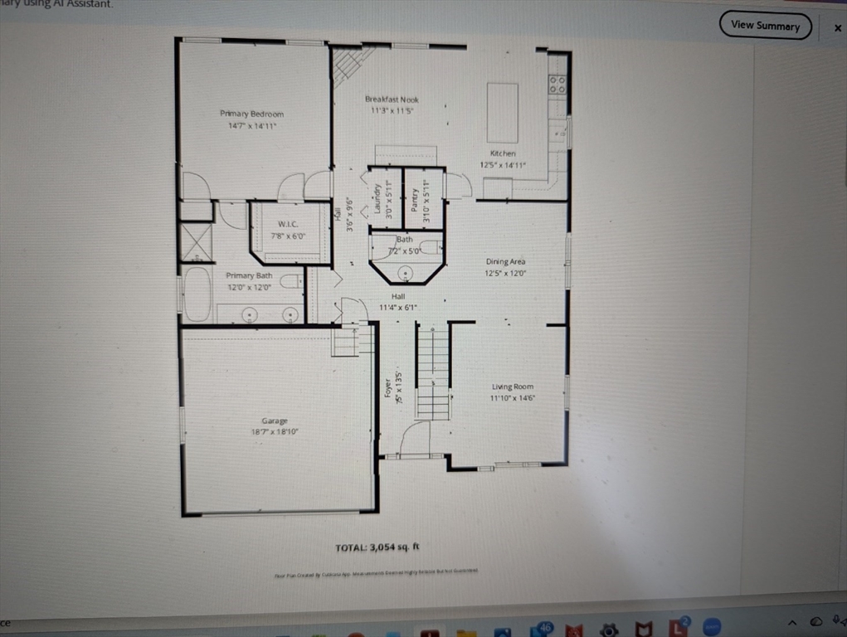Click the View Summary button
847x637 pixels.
pyautogui.click(x=765, y=26)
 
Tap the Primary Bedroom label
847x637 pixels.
pyautogui.click(x=251, y=114)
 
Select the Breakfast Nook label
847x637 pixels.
pyautogui.click(x=392, y=100)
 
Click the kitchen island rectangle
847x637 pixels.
pyautogui.click(x=502, y=113)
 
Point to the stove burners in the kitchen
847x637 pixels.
pyautogui.click(x=557, y=84)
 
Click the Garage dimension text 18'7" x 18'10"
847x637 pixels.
pyautogui.click(x=275, y=432)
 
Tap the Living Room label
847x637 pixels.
pyautogui.click(x=512, y=387)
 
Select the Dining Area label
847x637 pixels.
pyautogui.click(x=505, y=262)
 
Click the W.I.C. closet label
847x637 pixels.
pyautogui.click(x=288, y=225)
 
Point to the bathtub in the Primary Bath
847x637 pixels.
pyautogui.click(x=197, y=294)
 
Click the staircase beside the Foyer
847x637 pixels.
pyautogui.click(x=432, y=372)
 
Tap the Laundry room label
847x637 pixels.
pyautogui.click(x=377, y=198)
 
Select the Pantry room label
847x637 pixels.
pyautogui.click(x=414, y=199)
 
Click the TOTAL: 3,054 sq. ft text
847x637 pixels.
pyautogui.click(x=377, y=547)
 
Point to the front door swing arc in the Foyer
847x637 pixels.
pyautogui.click(x=415, y=436)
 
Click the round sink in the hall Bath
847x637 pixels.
pyautogui.click(x=406, y=273)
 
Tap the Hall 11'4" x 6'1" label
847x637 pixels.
pyautogui.click(x=398, y=302)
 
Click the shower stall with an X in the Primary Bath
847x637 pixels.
pyautogui.click(x=197, y=242)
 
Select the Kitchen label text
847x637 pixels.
pyautogui.click(x=502, y=153)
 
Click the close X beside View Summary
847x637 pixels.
pyautogui.click(x=837, y=27)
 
